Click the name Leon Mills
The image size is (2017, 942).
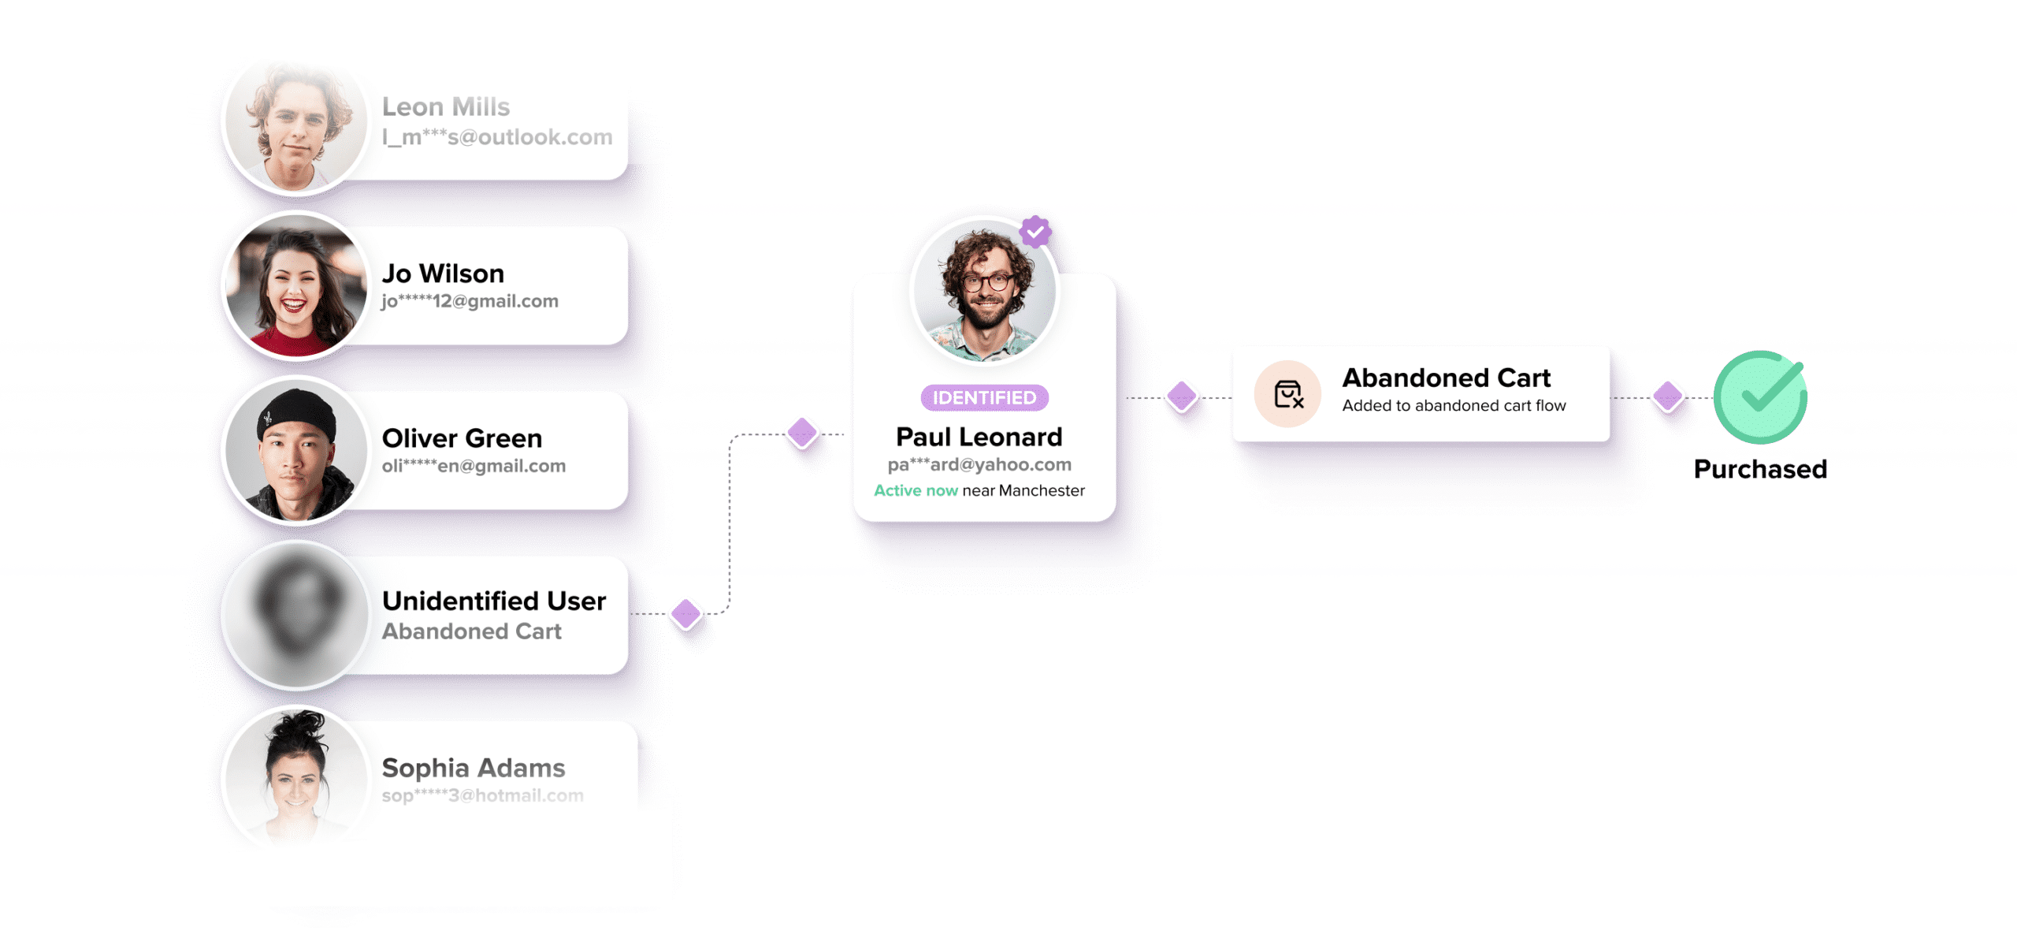(x=446, y=106)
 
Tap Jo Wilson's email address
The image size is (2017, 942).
(x=470, y=301)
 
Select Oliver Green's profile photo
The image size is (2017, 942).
(x=296, y=451)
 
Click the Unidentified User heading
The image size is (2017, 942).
(x=494, y=601)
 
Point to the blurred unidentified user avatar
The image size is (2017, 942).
(x=296, y=616)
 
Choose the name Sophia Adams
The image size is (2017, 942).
(x=474, y=768)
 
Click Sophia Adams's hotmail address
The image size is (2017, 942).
(x=482, y=795)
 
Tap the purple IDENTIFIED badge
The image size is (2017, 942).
(x=984, y=398)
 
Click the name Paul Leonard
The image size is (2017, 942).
(x=979, y=437)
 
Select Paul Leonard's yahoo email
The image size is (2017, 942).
(x=979, y=464)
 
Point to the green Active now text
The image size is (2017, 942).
(x=916, y=490)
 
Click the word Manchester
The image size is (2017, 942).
(x=1042, y=490)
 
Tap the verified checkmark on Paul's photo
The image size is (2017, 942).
(x=1035, y=233)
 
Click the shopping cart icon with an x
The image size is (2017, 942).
(x=1288, y=394)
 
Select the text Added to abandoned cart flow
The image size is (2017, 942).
(x=1454, y=406)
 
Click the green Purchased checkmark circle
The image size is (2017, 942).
(x=1760, y=397)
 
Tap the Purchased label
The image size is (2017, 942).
(x=1760, y=469)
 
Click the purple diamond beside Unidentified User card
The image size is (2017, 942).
(x=686, y=614)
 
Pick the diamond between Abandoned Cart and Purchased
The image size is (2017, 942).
(x=1668, y=397)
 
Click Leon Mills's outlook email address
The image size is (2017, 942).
(x=497, y=137)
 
